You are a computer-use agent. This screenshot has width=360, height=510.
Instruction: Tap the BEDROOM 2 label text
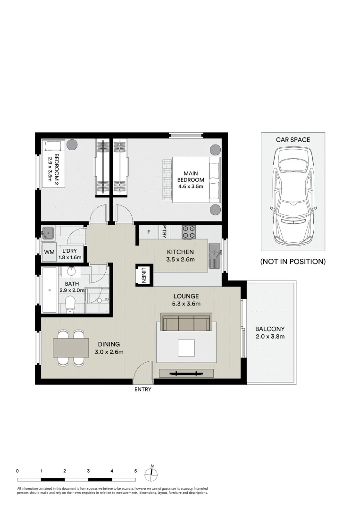pos(57,166)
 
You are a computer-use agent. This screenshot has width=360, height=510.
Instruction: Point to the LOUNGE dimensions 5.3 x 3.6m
pos(188,304)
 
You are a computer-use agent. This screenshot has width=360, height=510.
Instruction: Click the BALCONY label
pos(270,329)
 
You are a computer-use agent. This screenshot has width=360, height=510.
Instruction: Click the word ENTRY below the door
pos(142,390)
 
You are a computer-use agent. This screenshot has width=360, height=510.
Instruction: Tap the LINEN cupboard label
pos(144,274)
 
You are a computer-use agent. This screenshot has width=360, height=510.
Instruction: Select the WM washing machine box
pos(49,252)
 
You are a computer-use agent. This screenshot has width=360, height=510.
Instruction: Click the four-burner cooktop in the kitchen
pos(189,232)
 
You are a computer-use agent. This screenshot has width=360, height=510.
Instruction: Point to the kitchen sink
pos(215,255)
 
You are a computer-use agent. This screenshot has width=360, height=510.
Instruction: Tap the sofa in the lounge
pos(186,323)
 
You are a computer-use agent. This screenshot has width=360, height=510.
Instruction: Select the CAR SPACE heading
pos(293,140)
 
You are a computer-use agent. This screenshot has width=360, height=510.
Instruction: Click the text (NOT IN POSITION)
pos(293,261)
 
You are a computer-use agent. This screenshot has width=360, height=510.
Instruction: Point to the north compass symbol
pos(152,474)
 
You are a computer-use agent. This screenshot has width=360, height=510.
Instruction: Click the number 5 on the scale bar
pos(135,471)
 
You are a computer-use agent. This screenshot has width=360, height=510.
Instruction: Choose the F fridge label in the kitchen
pos(149,232)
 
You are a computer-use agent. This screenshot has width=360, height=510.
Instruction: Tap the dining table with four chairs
pos(71,348)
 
